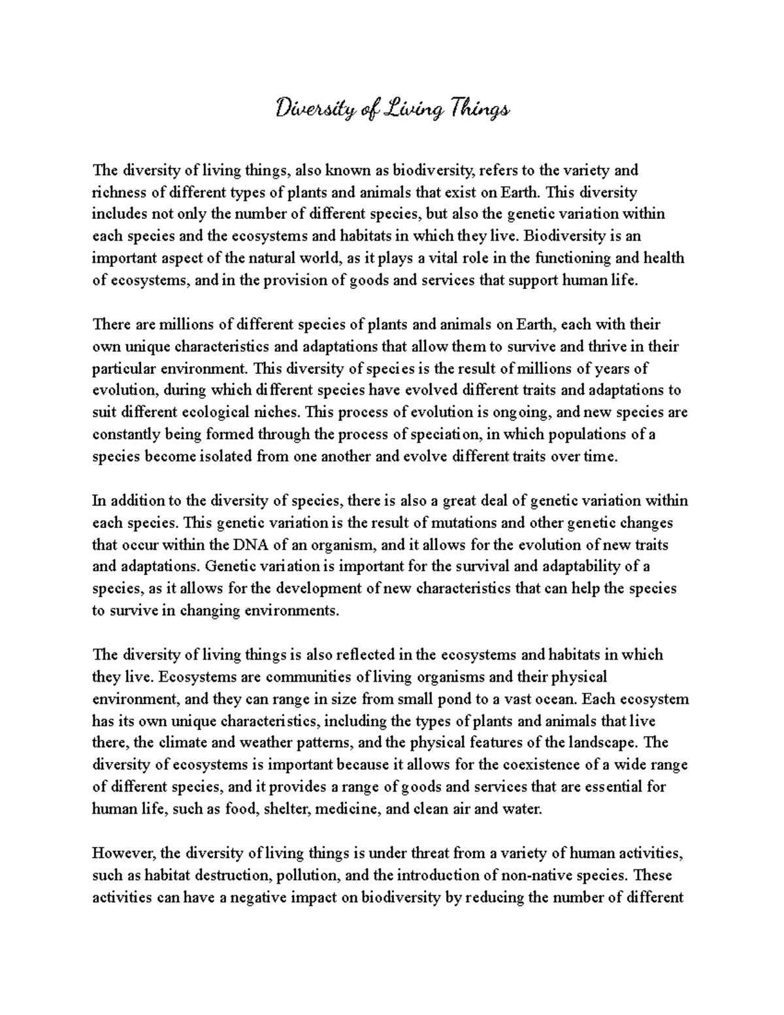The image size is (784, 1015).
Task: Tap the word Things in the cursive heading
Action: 478,108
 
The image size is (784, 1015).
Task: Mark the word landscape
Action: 604,742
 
